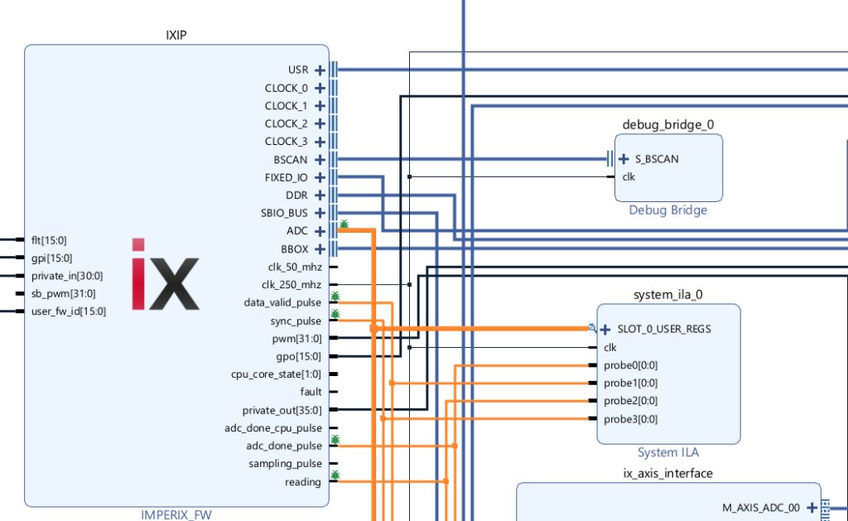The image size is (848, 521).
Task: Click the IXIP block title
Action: point(180,34)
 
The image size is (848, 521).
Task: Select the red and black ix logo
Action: point(166,274)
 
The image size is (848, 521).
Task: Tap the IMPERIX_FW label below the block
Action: point(176,515)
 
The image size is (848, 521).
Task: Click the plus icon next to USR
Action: point(320,70)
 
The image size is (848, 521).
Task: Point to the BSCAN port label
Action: point(291,159)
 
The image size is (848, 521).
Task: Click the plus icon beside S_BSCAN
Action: point(624,159)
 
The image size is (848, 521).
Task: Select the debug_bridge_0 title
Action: point(667,125)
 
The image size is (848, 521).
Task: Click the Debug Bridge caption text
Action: point(667,210)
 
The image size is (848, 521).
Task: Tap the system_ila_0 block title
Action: point(667,295)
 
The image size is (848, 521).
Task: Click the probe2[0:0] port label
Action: point(630,401)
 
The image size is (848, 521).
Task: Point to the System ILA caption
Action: point(667,453)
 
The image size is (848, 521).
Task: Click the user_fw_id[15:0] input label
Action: point(69,311)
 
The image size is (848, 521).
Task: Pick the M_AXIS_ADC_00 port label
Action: point(757,508)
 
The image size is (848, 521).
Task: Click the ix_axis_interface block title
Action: point(667,474)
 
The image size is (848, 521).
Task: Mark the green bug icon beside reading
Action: point(335,475)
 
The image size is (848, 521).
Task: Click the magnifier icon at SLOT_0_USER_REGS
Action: point(592,328)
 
